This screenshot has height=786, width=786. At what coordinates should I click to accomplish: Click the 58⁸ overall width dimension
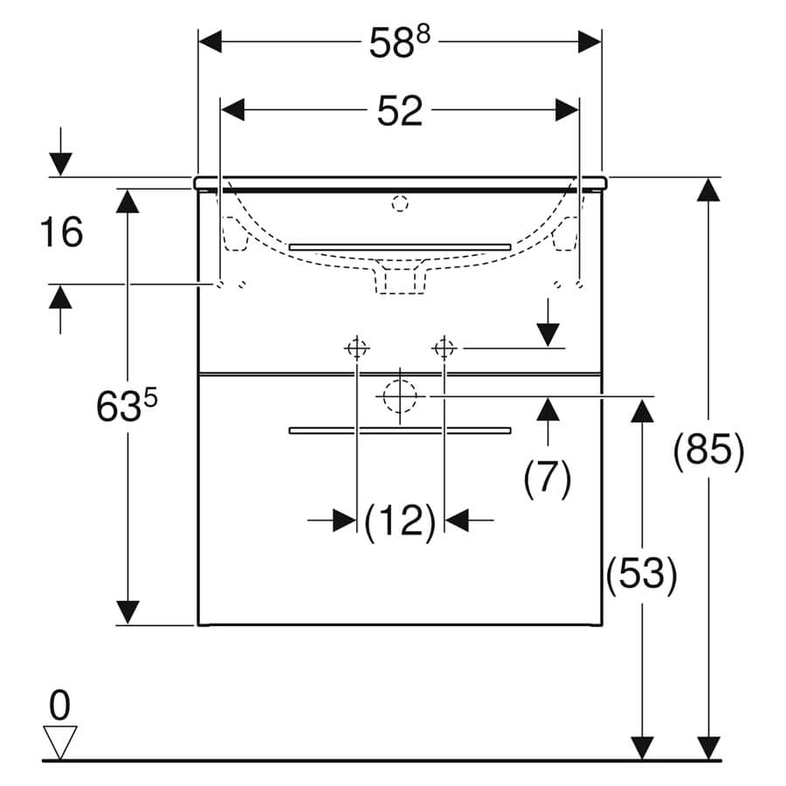(399, 42)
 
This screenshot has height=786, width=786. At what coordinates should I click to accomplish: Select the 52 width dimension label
(399, 111)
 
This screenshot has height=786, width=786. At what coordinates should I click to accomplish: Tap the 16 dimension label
(61, 231)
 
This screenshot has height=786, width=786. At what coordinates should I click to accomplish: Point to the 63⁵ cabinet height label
(127, 405)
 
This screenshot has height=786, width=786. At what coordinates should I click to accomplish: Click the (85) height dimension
(709, 450)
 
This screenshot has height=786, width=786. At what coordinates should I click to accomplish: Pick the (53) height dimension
(642, 574)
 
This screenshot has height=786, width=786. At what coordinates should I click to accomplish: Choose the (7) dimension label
(548, 477)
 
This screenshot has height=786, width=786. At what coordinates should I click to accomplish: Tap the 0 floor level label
(59, 706)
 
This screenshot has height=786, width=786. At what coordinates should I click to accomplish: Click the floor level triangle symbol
(59, 741)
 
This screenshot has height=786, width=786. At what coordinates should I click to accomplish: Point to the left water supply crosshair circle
(356, 348)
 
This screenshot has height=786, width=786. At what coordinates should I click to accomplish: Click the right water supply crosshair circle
(445, 348)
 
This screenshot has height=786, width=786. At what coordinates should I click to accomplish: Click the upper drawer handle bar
(400, 246)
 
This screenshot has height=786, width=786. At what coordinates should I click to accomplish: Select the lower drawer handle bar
(400, 431)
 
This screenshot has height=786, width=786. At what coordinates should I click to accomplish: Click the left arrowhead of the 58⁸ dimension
(210, 42)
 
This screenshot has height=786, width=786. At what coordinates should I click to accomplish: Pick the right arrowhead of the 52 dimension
(567, 110)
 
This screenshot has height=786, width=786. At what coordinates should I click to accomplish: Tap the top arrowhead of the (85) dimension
(708, 190)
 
